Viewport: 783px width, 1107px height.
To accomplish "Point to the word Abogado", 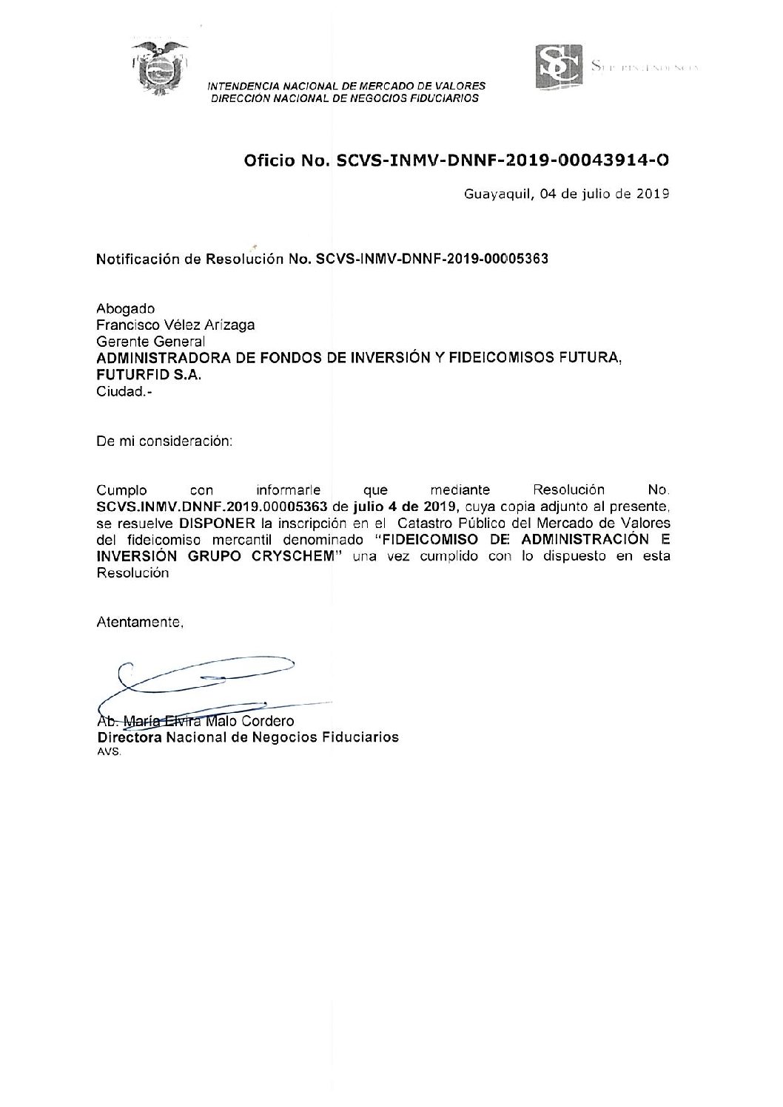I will (126, 309).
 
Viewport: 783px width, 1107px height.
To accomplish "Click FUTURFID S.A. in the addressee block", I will (149, 375).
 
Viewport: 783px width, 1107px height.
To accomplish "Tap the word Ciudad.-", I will (123, 392).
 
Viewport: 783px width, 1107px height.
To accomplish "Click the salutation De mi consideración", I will (164, 441).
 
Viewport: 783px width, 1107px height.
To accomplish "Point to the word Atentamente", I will (140, 623).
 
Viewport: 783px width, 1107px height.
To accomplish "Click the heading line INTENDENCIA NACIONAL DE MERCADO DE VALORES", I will (346, 87).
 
